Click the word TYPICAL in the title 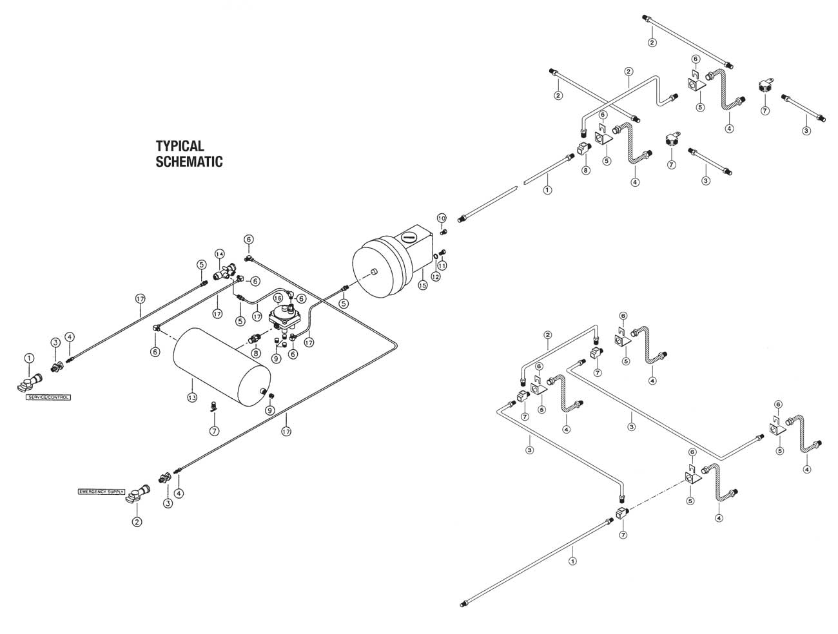click(x=180, y=146)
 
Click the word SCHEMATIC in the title click(x=189, y=162)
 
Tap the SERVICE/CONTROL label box click(x=48, y=398)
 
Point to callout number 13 click(x=191, y=398)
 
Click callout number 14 click(x=220, y=253)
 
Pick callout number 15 click(x=423, y=285)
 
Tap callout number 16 click(x=278, y=298)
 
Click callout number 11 click(x=442, y=265)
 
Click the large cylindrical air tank click(x=221, y=365)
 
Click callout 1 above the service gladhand click(x=29, y=358)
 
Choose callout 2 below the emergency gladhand click(x=137, y=523)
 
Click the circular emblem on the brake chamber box click(x=407, y=236)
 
